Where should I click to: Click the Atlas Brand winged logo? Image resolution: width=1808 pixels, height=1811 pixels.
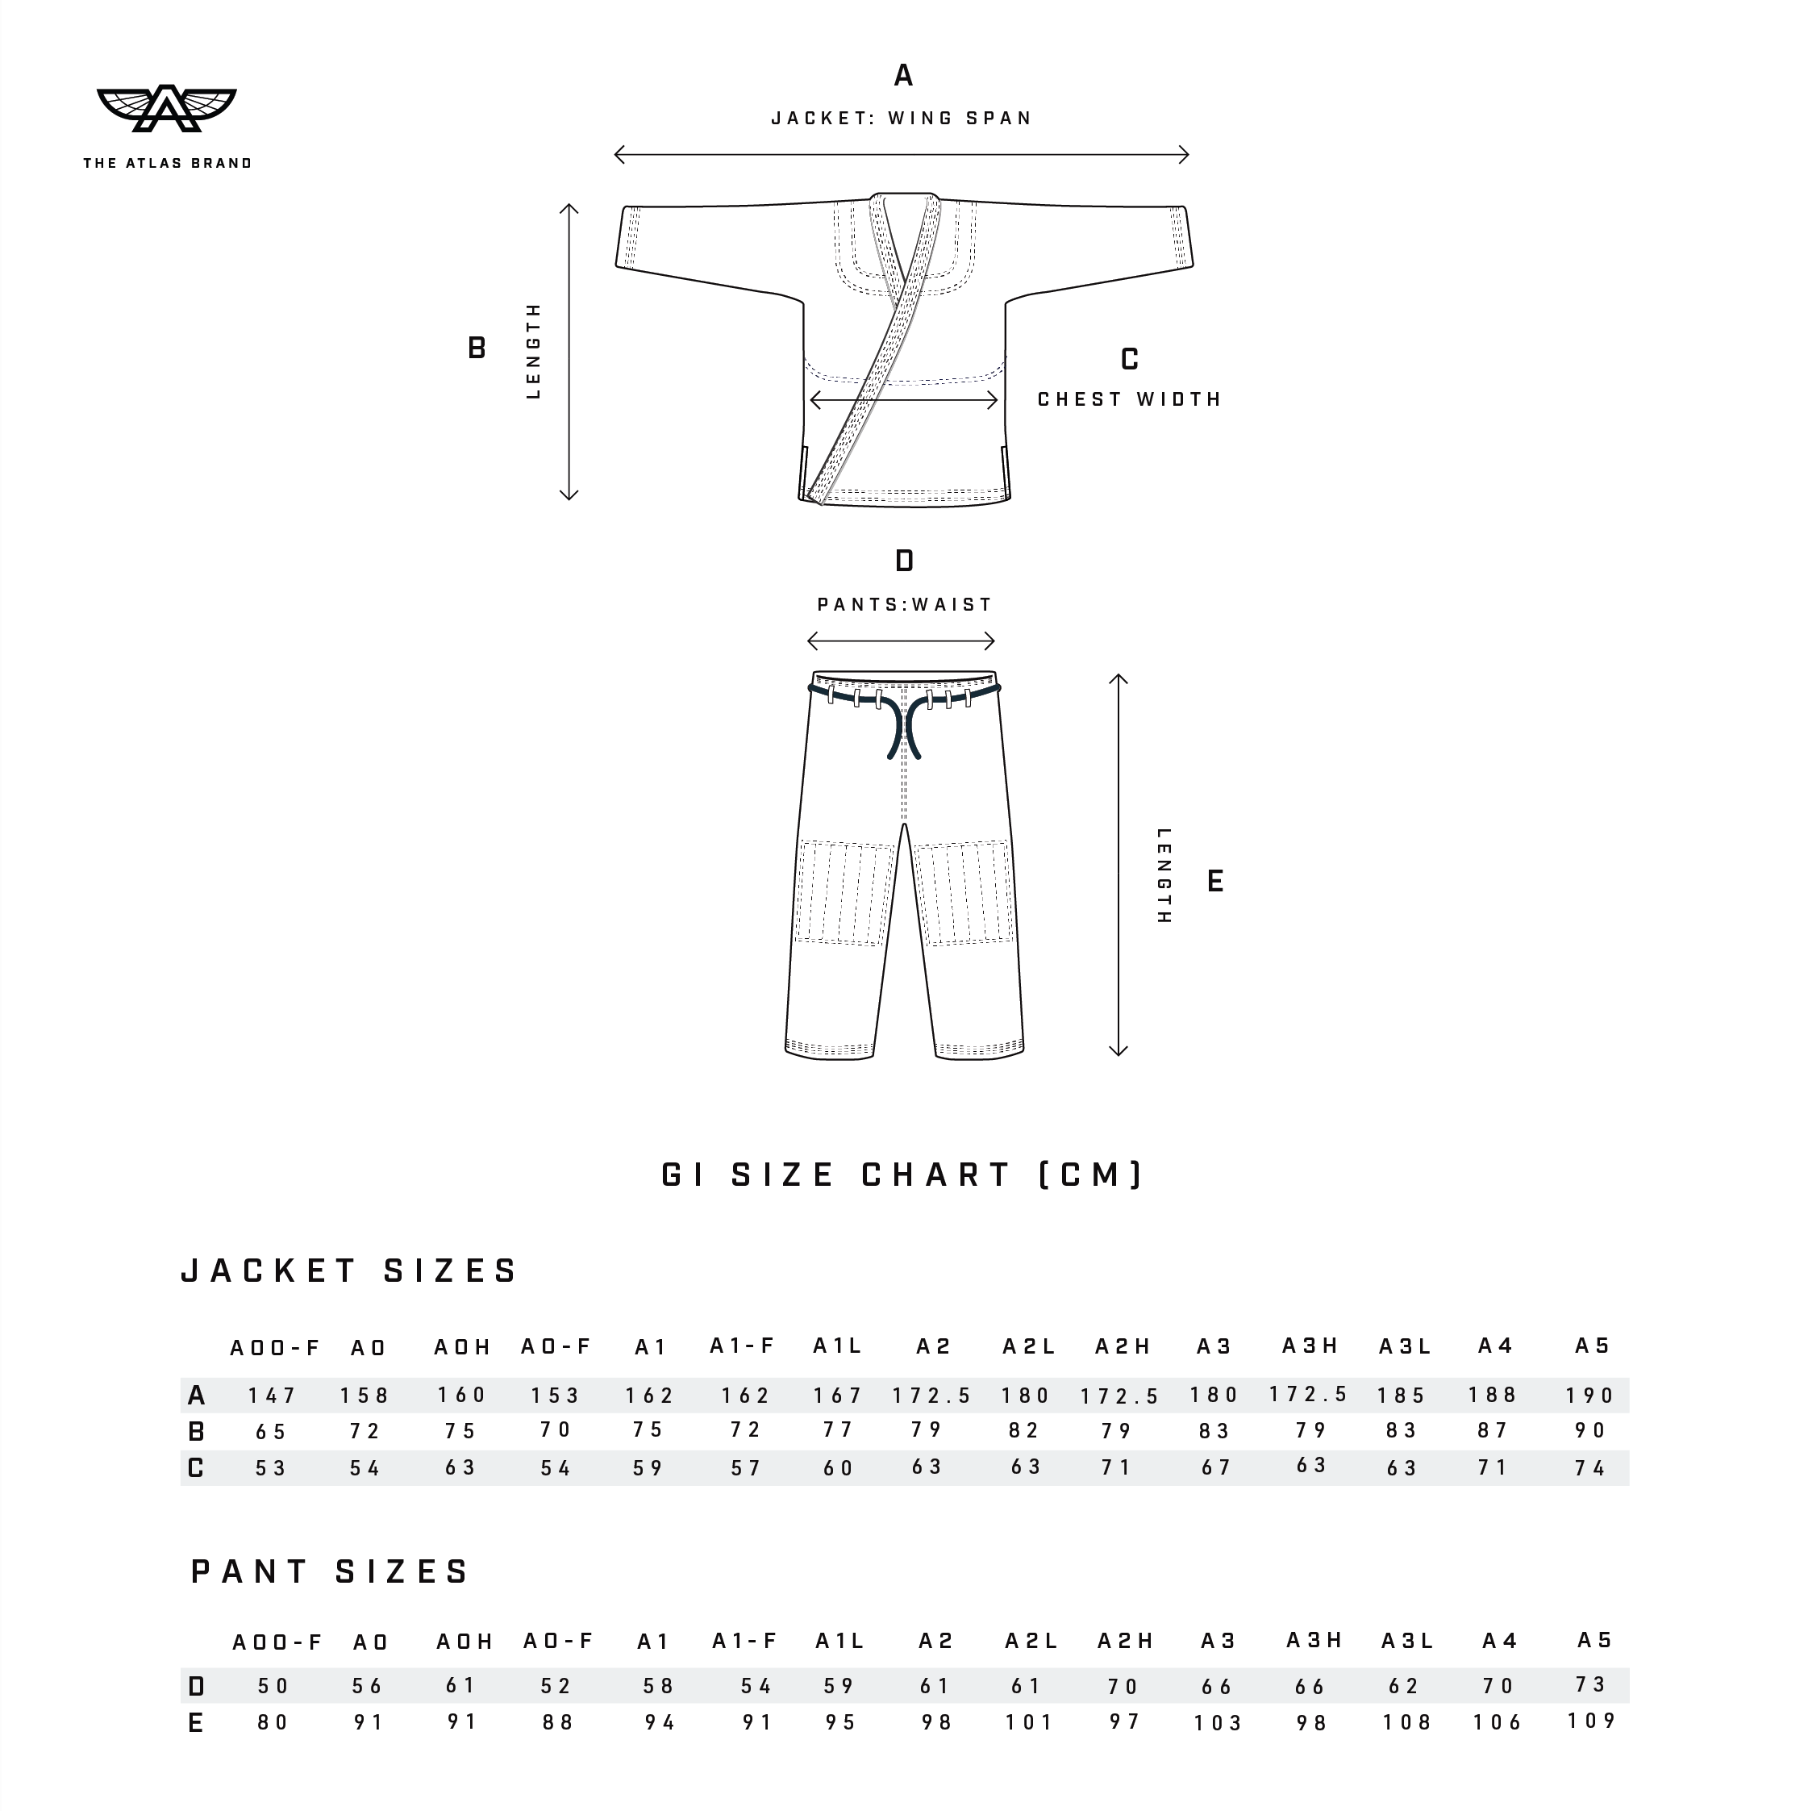coord(167,109)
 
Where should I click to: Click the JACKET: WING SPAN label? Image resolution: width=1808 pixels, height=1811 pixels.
coord(902,118)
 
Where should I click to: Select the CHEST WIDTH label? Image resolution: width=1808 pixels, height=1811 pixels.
coord(1130,399)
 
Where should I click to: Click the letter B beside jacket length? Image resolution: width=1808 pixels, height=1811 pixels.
coord(476,348)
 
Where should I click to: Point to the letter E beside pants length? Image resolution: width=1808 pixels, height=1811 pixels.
coord(1214,881)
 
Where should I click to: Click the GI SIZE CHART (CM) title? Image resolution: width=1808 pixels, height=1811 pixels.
coord(902,1175)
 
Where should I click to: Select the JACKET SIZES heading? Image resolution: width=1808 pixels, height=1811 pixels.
coord(348,1271)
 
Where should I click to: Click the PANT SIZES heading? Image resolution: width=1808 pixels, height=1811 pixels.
coord(330,1571)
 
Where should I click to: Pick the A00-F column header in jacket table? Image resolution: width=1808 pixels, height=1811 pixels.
coord(275,1348)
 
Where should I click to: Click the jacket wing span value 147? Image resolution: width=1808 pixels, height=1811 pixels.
coord(272,1396)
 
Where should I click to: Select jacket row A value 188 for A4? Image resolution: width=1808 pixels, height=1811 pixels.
coord(1492,1395)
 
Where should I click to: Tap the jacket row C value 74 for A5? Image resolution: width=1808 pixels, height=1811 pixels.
coord(1590,1468)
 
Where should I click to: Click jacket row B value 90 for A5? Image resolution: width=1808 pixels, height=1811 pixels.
coord(1590,1430)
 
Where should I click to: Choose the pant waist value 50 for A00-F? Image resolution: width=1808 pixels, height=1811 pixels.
coord(273,1686)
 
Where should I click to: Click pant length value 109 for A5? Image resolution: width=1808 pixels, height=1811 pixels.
coord(1592,1721)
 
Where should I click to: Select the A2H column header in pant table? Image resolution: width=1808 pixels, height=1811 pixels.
coord(1125,1641)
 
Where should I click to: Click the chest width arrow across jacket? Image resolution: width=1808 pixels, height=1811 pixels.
coord(903,401)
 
